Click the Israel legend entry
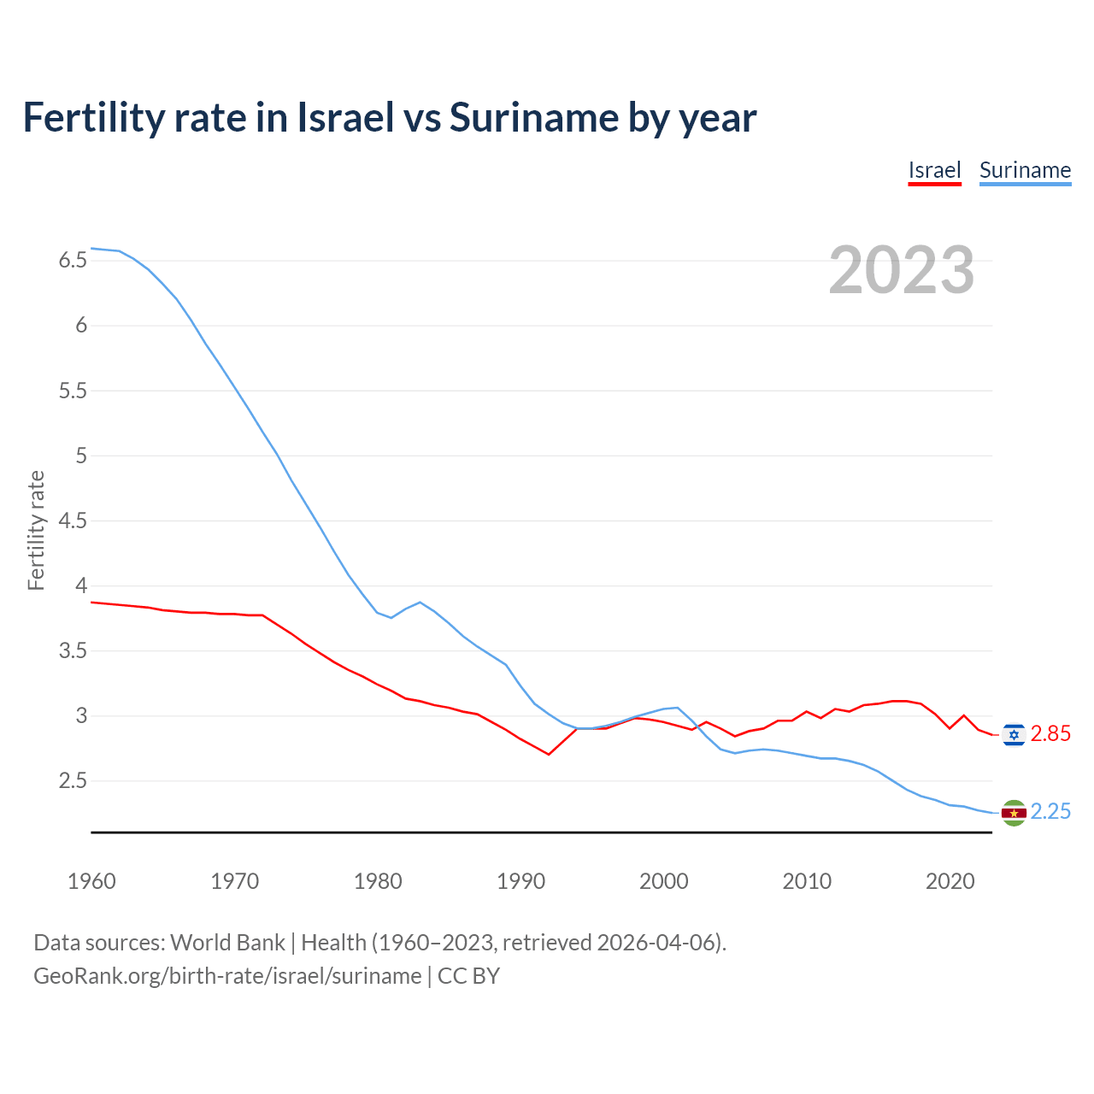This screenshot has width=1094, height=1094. [934, 170]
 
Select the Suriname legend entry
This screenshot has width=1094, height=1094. [1025, 170]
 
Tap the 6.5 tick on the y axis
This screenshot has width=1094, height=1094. [73, 261]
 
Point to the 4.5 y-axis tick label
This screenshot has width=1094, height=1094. [73, 521]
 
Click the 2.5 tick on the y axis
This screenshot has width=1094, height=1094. [73, 781]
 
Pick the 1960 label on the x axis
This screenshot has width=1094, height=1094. [91, 881]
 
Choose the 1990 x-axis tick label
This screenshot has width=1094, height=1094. [521, 881]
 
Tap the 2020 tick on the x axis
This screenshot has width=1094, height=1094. [950, 881]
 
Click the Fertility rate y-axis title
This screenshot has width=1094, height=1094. [36, 530]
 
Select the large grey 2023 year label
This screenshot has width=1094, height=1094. [901, 270]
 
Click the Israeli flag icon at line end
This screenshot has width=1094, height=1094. [1014, 734]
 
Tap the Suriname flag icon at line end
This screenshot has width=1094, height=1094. [1014, 813]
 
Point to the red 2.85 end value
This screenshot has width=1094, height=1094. [1050, 734]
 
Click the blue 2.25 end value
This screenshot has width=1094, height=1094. [1050, 812]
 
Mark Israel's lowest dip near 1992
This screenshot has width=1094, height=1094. [549, 754]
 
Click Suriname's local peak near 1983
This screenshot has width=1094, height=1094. [420, 602]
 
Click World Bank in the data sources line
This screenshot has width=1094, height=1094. [227, 943]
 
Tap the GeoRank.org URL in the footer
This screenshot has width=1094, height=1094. [227, 976]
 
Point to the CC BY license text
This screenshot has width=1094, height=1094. [468, 976]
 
